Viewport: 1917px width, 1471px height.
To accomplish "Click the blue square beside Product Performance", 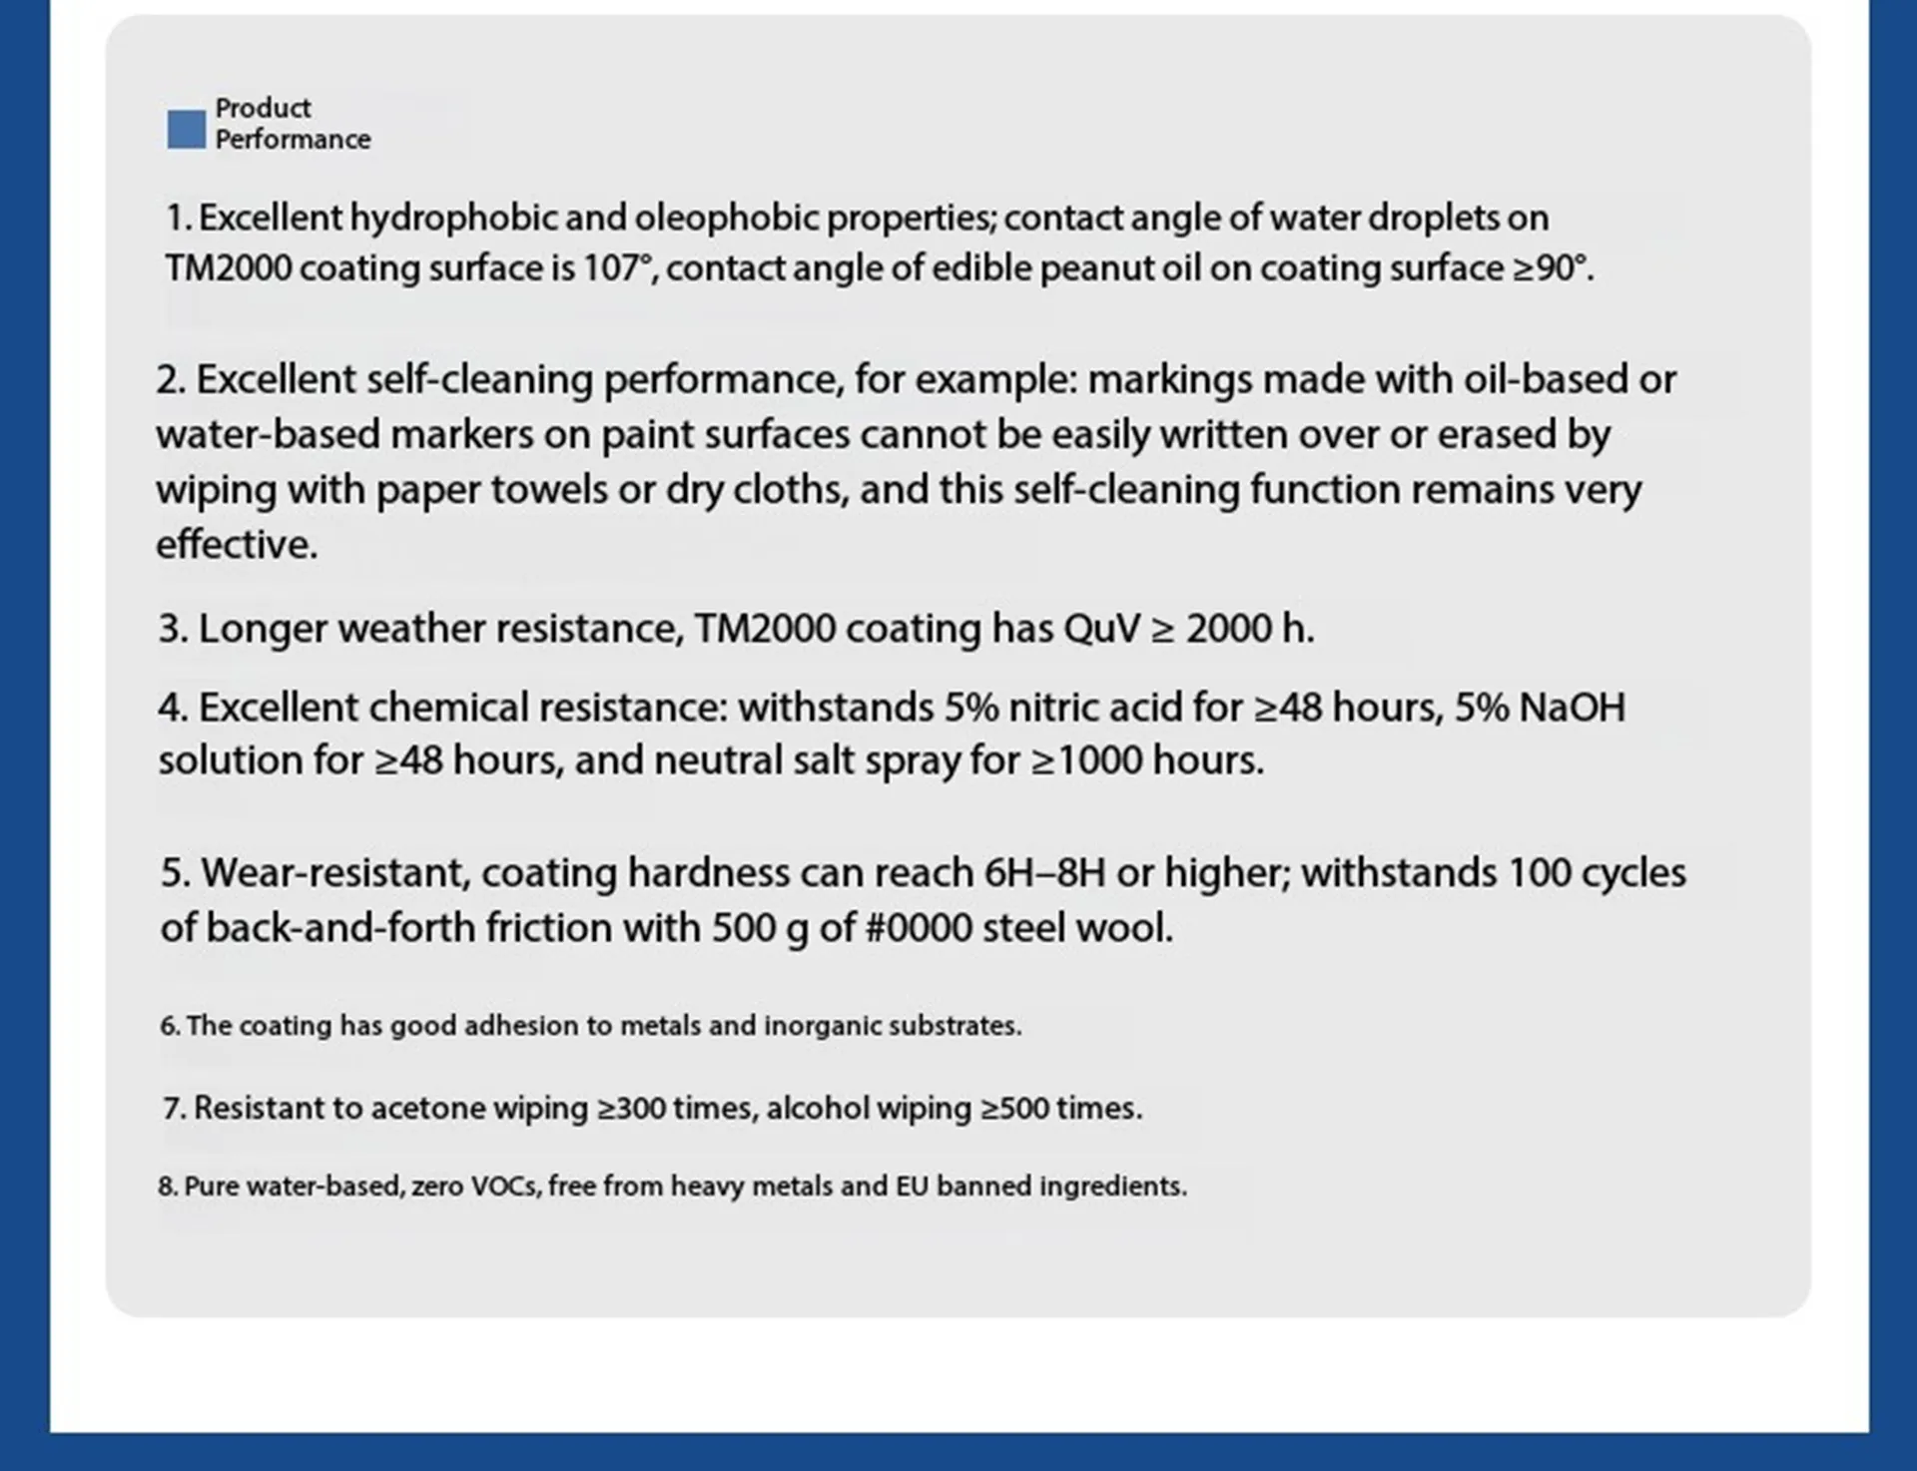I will pos(186,130).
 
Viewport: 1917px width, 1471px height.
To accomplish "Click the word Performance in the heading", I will pos(293,140).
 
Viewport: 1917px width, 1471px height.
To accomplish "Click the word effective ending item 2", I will pos(236,545).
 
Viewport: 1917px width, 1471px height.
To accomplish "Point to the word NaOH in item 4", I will pos(1572,708).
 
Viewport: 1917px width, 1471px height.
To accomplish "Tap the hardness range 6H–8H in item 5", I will pos(1044,873).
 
